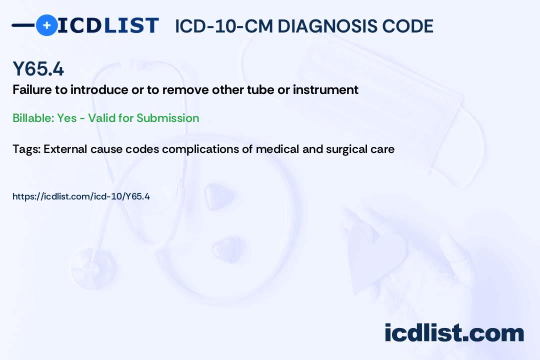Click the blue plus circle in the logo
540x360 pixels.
coord(46,25)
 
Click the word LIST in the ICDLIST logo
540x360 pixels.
coord(131,25)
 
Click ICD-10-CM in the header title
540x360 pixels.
coord(224,26)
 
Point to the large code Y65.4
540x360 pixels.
coord(38,68)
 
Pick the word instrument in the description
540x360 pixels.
coord(325,90)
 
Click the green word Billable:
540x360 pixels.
coord(33,118)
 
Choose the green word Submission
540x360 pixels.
coord(168,118)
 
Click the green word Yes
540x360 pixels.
coord(67,118)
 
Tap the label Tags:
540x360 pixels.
coord(26,149)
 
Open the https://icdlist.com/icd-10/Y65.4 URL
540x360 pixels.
coord(81,196)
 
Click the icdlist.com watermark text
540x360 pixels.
coord(454,333)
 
